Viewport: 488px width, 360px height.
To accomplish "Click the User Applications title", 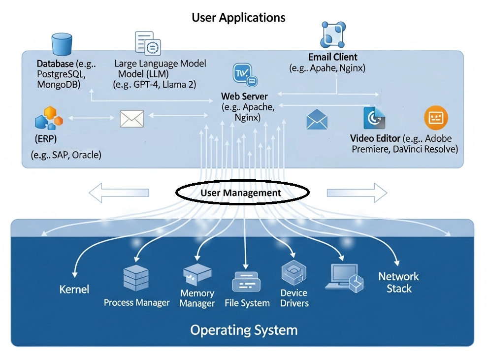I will [x=238, y=18].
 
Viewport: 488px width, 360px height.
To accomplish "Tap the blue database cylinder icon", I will [x=62, y=44].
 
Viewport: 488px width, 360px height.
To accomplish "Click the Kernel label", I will [x=74, y=289].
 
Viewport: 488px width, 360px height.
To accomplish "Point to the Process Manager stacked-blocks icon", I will [x=136, y=278].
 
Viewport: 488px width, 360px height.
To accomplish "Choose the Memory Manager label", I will [x=197, y=298].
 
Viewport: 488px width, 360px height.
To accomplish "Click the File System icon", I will [x=246, y=282].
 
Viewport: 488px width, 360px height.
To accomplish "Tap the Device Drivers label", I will [x=294, y=298].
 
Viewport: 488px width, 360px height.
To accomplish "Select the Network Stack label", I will [x=398, y=283].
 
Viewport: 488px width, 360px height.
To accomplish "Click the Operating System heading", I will [x=244, y=329].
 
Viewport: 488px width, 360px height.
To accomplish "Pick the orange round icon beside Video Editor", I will [x=436, y=118].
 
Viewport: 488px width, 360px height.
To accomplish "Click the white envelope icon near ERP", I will [x=132, y=119].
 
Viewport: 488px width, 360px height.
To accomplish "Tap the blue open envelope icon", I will [x=317, y=120].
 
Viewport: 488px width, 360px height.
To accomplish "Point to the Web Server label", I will [x=244, y=96].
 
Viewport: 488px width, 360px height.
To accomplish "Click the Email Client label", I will [x=333, y=57].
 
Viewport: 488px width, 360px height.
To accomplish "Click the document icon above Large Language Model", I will [x=148, y=42].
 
